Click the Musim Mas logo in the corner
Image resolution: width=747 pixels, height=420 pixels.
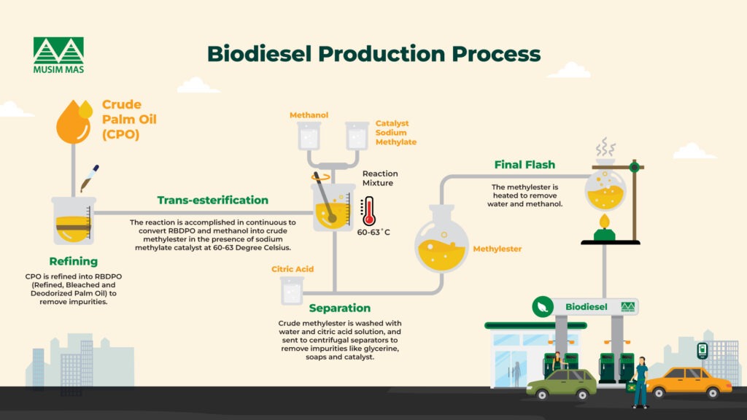coord(58,55)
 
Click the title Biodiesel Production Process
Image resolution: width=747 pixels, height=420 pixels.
coord(373,54)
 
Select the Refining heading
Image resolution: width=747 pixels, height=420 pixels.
coord(73,261)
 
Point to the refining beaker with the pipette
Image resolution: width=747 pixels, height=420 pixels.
coord(73,219)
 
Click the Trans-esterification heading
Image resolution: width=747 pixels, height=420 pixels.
coord(213,200)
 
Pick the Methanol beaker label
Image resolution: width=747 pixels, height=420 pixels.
coord(309,115)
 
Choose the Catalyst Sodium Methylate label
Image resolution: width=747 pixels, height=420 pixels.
coord(395,133)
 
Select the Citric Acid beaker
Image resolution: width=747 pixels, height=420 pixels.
coord(292,291)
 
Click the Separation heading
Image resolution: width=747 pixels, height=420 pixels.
coord(339,308)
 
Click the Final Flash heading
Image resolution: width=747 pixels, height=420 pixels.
coord(524,164)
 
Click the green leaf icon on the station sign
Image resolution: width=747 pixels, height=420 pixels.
coord(543,306)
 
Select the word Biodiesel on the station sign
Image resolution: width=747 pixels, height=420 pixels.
coord(586,307)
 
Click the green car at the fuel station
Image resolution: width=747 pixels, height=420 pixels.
coord(561,384)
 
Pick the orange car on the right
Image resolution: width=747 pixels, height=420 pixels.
coord(688,381)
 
